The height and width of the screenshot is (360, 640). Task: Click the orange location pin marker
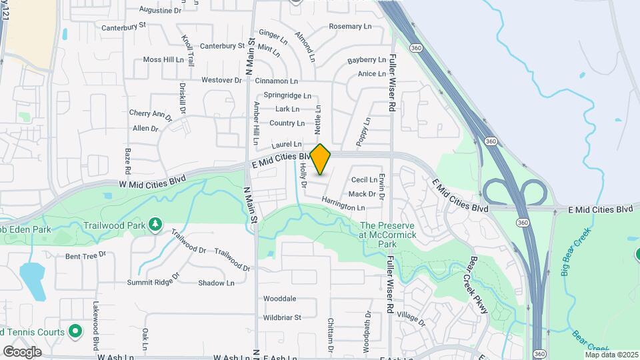[321, 159]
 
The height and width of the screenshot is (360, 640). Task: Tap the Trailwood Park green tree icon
[155, 224]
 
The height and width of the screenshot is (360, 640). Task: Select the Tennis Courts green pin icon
[75, 331]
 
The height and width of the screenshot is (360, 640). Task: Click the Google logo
[23, 351]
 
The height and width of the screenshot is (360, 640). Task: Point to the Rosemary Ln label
[350, 27]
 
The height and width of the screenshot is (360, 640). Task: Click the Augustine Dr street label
[160, 11]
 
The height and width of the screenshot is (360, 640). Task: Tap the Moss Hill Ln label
[163, 59]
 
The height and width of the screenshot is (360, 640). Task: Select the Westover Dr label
[221, 80]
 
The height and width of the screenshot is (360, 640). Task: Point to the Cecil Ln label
[365, 180]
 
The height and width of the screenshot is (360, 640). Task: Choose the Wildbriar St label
[282, 317]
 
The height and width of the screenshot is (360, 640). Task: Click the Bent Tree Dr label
[85, 255]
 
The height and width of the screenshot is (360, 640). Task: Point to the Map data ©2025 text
[612, 355]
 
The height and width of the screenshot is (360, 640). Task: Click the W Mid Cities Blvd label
[151, 181]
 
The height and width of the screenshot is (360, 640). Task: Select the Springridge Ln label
[287, 95]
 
